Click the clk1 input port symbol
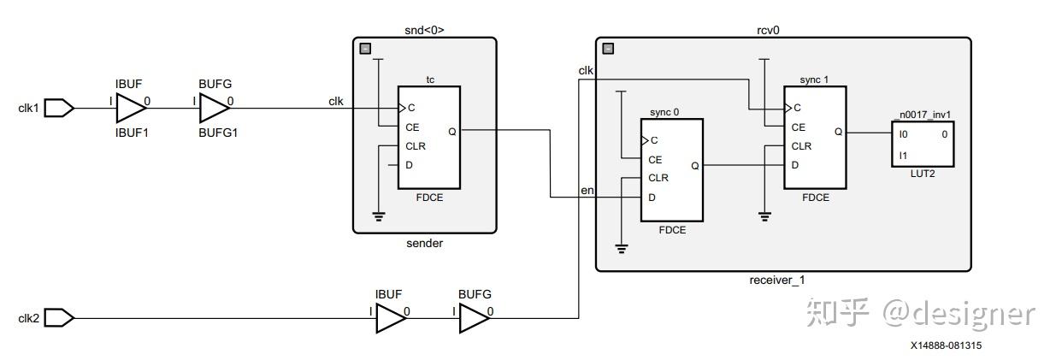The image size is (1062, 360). click(x=59, y=108)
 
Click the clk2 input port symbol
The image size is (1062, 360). click(x=59, y=318)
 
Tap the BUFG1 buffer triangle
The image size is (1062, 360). click(x=215, y=108)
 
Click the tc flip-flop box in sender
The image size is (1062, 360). click(x=429, y=138)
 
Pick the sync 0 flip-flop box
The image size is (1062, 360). click(x=672, y=170)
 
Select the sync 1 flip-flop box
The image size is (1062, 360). click(x=815, y=138)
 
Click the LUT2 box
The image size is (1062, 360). click(x=923, y=145)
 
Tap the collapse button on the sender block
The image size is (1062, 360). click(x=365, y=49)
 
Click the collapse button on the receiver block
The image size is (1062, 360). click(x=608, y=49)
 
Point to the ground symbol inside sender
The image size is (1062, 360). click(x=378, y=216)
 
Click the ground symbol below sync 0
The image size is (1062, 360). click(x=621, y=249)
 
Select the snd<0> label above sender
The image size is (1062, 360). click(x=424, y=30)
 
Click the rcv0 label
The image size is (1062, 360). click(x=768, y=30)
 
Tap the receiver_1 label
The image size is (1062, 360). click(x=777, y=280)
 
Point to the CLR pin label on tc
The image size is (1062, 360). click(x=416, y=146)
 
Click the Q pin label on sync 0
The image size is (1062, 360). click(x=694, y=166)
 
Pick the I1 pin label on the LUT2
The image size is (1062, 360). click(x=903, y=156)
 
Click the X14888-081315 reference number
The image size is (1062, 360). click(x=946, y=345)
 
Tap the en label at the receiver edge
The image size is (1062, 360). click(x=587, y=191)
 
